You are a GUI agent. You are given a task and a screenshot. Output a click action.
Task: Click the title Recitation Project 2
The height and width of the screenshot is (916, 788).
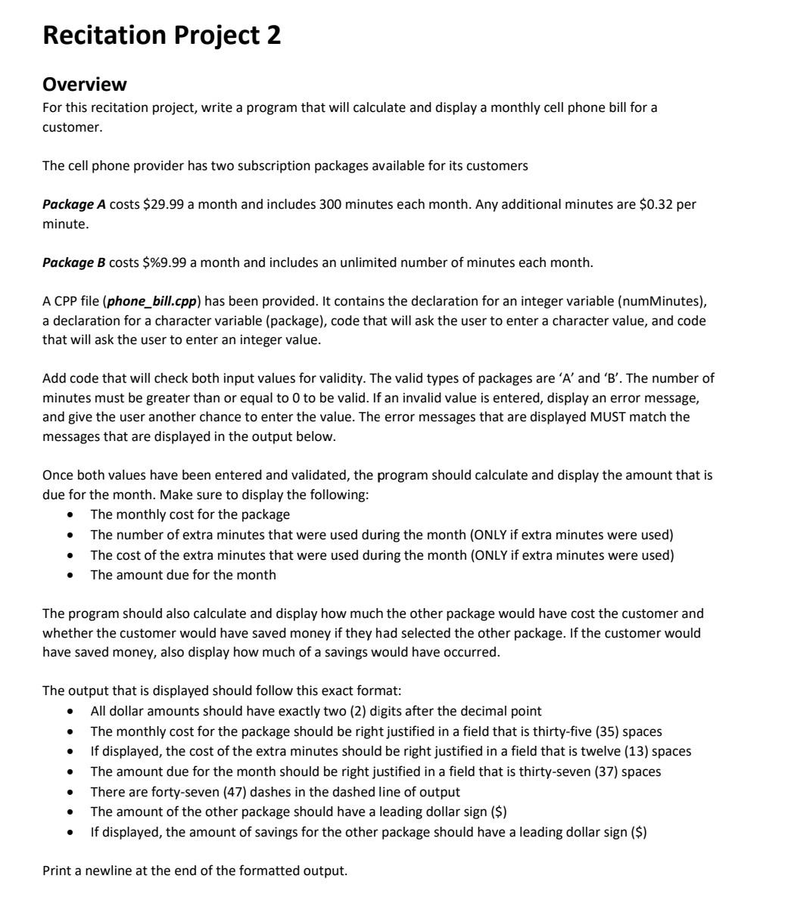[161, 36]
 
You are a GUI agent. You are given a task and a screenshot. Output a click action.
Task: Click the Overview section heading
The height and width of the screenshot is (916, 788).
[84, 83]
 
